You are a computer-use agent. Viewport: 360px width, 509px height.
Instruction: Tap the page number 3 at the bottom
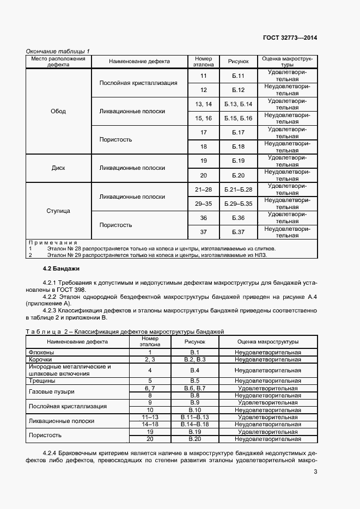click(x=315, y=471)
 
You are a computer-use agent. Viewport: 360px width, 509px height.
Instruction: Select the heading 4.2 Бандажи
click(x=61, y=268)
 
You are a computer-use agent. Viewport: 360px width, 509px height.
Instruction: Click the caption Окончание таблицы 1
click(x=58, y=51)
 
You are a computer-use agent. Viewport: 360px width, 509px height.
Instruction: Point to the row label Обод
click(x=58, y=111)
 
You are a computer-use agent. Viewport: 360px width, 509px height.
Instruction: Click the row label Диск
click(x=58, y=168)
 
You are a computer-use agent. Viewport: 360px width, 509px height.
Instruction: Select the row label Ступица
click(x=58, y=211)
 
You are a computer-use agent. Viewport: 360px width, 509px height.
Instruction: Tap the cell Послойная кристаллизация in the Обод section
click(x=138, y=83)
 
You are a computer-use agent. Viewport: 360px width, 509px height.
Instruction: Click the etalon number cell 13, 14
click(x=203, y=104)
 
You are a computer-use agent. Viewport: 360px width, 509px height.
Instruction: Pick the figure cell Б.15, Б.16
click(x=238, y=118)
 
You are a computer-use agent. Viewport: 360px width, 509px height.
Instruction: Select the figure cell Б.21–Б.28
click(x=238, y=189)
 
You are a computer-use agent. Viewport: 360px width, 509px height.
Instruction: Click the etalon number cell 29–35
click(x=203, y=204)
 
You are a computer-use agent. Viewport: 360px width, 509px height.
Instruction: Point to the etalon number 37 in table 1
click(x=203, y=232)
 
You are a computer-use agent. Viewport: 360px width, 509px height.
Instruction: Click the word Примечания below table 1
click(x=53, y=242)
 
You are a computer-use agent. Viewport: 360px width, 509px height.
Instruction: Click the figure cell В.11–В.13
click(x=194, y=416)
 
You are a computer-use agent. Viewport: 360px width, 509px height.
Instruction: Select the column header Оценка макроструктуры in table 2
click(x=267, y=342)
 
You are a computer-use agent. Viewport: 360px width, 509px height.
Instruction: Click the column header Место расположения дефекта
click(x=58, y=62)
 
